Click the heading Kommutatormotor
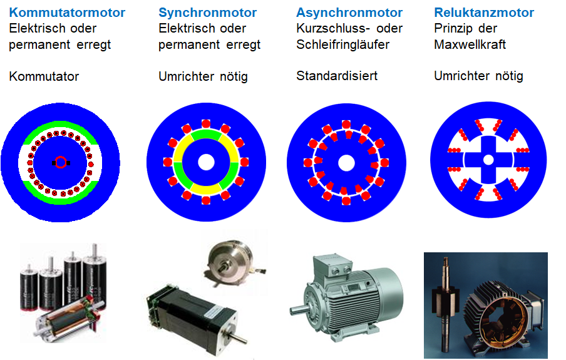[67, 13]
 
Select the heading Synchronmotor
[207, 13]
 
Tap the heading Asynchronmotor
[349, 13]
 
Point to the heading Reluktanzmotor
[484, 13]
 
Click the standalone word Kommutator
[44, 76]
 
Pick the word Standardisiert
[337, 76]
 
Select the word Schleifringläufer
[343, 44]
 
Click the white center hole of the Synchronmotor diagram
[205, 162]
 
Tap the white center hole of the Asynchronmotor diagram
[345, 162]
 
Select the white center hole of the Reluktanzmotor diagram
[487, 160]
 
